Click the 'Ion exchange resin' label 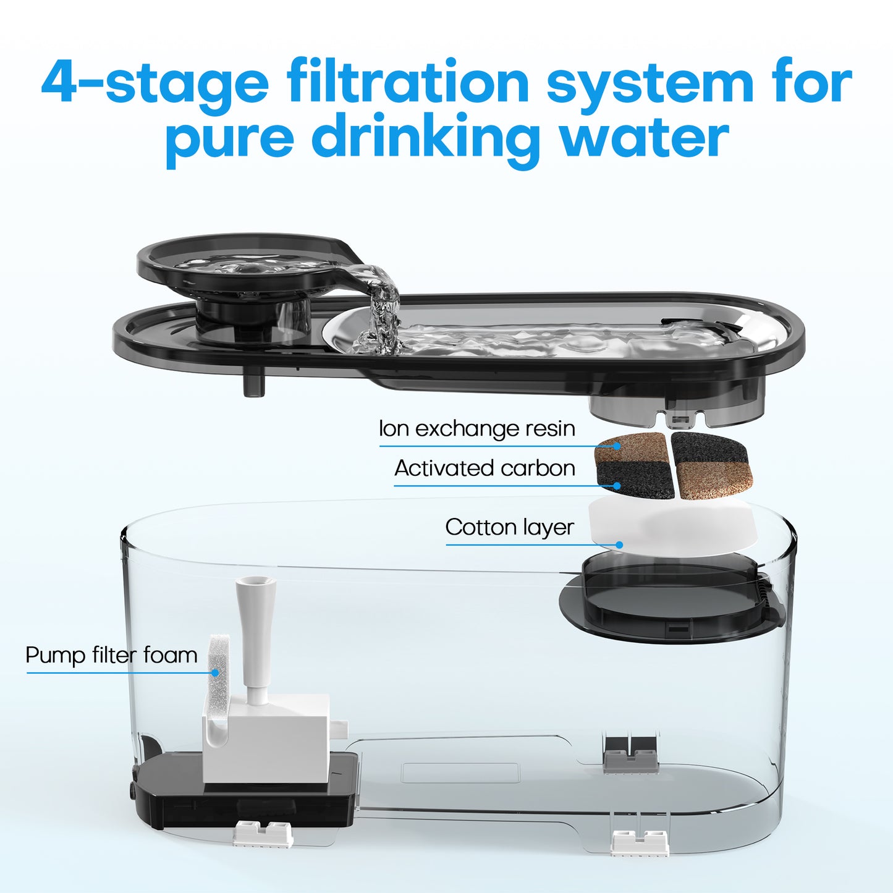pos(477,429)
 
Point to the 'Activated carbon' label pos(485,468)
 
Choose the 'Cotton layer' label pos(509,528)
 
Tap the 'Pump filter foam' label pos(111,656)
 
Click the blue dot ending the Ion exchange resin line pos(617,446)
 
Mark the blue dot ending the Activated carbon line pos(617,486)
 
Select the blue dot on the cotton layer pos(620,545)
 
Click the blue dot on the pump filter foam pos(215,672)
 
